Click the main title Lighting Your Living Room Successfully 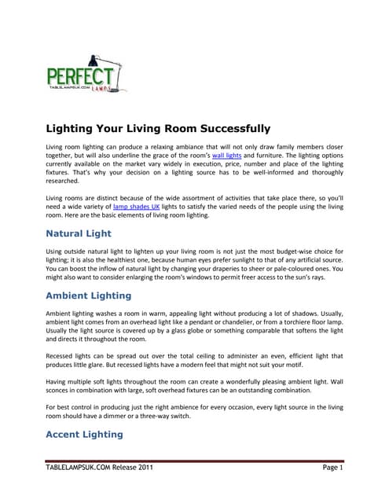[x=158, y=129]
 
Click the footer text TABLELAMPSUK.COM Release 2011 [x=99, y=469]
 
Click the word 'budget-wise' [x=285, y=249]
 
